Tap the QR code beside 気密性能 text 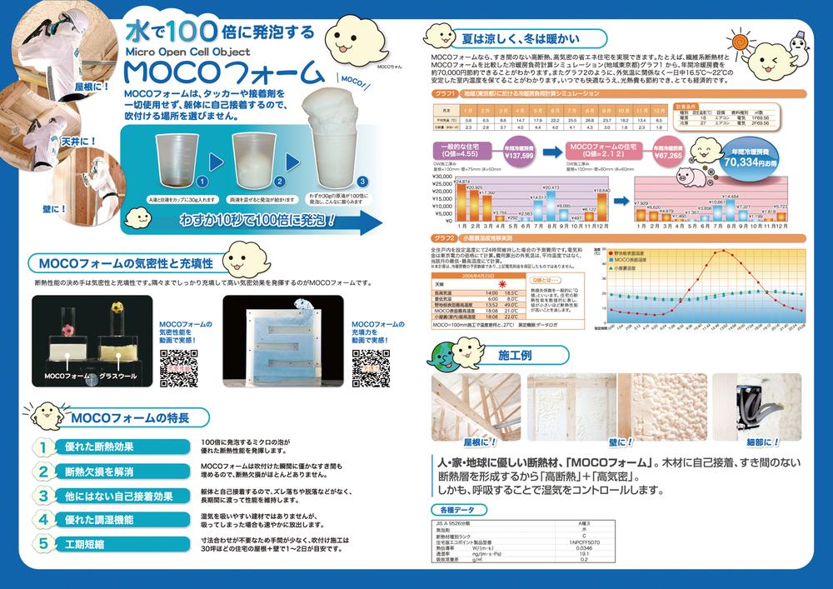click(177, 367)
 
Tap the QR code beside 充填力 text click(370, 367)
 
